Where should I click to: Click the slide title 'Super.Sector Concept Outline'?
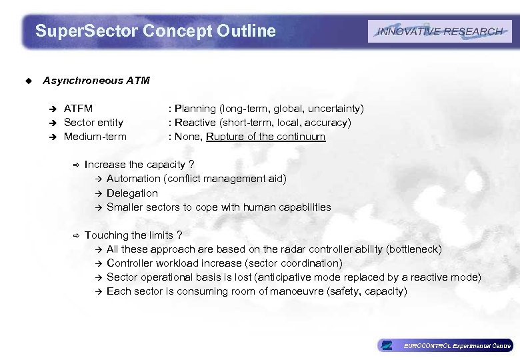click(155, 31)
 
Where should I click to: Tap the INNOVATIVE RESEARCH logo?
click(439, 31)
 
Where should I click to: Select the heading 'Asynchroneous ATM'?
click(96, 81)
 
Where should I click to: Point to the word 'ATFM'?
click(78, 108)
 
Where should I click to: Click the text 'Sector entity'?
click(93, 123)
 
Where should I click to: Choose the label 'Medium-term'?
click(95, 137)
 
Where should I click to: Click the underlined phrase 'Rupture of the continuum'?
click(265, 137)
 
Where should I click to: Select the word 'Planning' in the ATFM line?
click(195, 108)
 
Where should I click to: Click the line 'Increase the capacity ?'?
click(139, 165)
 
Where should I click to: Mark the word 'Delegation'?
click(132, 193)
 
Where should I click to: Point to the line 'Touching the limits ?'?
click(133, 235)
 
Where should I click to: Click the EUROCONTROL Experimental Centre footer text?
click(457, 345)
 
